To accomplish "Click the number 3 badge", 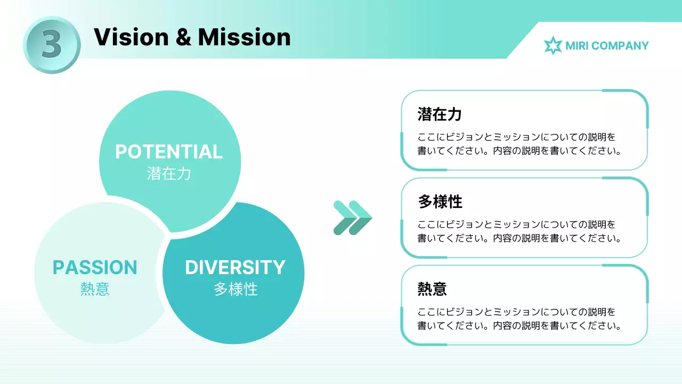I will point(52,45).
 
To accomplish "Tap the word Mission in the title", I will point(245,37).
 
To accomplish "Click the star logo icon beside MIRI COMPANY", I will point(553,46).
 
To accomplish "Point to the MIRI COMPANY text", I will point(607,46).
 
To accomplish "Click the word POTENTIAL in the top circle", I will point(169,152).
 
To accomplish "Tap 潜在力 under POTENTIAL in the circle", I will point(169,174).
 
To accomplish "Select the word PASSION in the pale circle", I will point(95,267).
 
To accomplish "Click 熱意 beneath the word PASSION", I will point(95,289).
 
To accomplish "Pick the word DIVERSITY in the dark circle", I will point(235,267).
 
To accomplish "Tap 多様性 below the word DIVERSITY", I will point(236,289).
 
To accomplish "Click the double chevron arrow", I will point(352,218).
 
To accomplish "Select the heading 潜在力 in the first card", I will point(440,114).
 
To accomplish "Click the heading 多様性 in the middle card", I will point(440,202).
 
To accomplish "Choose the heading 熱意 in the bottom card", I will point(432,289).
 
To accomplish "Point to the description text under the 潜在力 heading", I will point(519,144).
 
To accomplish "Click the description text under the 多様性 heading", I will point(519,231).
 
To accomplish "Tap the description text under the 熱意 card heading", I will point(519,319).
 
